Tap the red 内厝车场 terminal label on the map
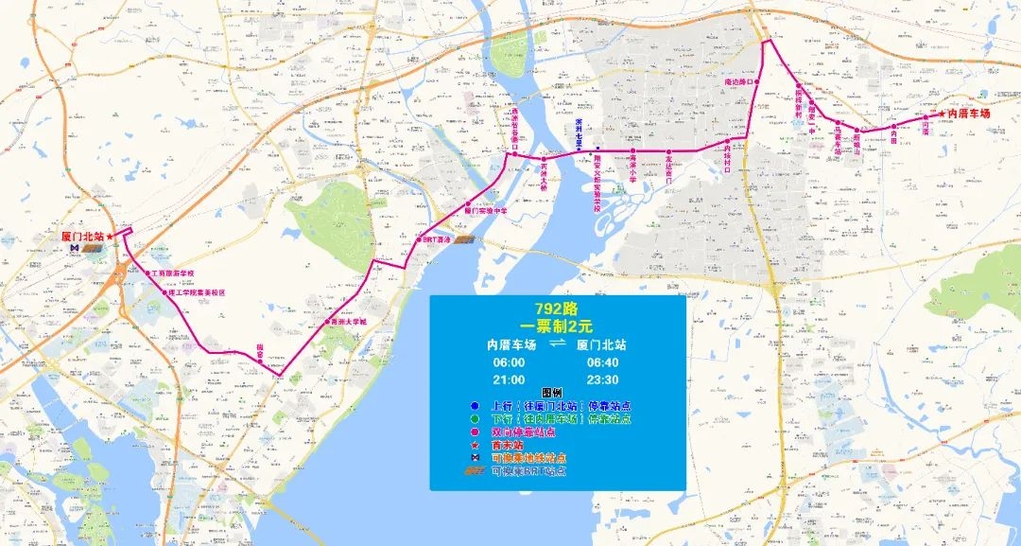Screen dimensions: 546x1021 (968, 114)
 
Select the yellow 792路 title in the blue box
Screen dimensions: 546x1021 (556, 309)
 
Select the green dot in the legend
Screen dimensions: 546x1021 (474, 418)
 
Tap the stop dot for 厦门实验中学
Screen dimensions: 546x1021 (466, 204)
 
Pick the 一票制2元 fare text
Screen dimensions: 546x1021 (556, 326)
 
